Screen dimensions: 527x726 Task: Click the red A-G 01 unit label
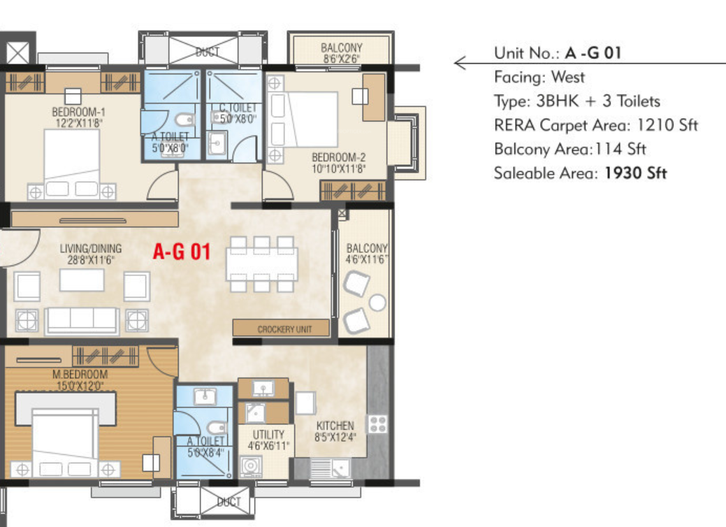point(182,252)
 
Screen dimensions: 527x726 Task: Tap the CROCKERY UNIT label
point(284,329)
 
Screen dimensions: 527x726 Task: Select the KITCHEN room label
point(335,426)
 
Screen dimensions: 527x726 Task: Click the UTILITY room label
point(268,435)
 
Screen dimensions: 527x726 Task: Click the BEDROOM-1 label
point(78,111)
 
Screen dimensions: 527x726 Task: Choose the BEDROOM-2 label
point(338,157)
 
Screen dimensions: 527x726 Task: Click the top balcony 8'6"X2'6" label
point(342,48)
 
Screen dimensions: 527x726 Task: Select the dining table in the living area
point(261,263)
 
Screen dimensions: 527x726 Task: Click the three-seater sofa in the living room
point(82,321)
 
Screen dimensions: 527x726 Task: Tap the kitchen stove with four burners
point(378,424)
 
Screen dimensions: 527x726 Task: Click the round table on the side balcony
point(377,303)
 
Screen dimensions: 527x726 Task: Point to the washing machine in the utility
point(250,465)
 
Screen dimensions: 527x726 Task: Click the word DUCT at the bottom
point(228,502)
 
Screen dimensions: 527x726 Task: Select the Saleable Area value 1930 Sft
point(634,173)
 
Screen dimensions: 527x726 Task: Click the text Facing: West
point(539,77)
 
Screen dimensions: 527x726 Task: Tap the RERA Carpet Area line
point(595,125)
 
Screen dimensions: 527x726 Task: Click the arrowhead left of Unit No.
point(459,64)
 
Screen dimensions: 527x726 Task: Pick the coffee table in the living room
point(82,280)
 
